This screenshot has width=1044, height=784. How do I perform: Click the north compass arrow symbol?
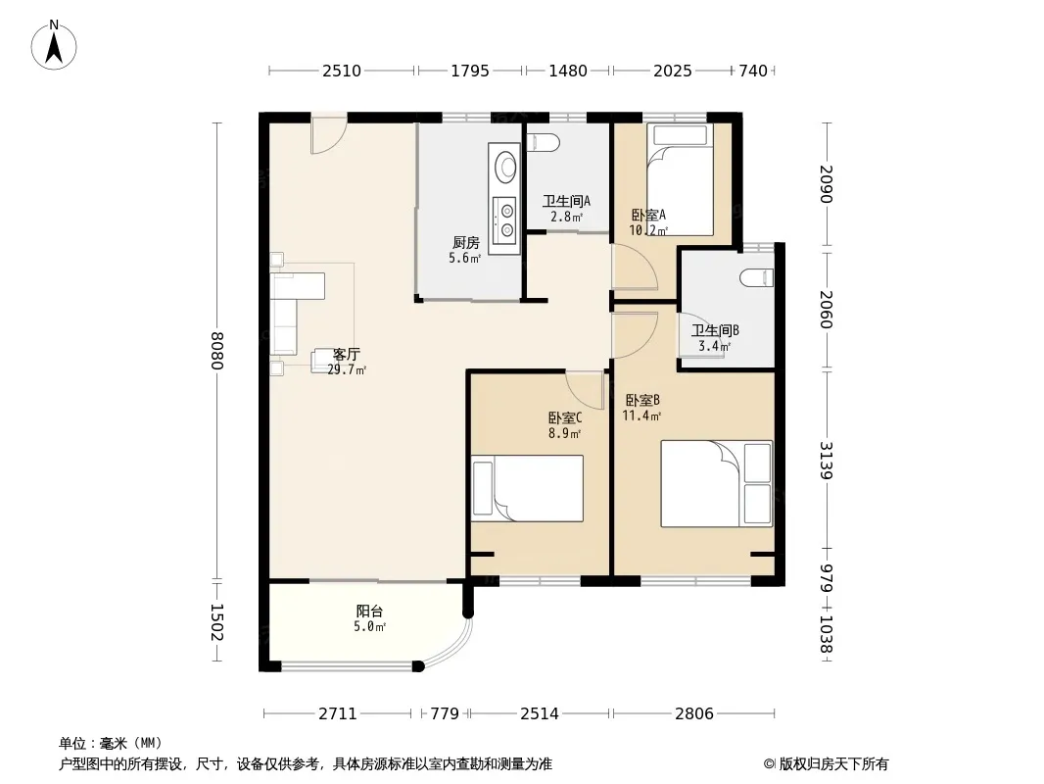54,45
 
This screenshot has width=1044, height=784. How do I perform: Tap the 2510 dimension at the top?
342,71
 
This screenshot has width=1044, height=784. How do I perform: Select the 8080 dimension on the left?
216,351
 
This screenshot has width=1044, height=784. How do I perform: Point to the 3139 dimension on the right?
826,460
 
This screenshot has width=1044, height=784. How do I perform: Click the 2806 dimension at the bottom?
694,713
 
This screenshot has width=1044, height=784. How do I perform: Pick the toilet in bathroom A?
543,142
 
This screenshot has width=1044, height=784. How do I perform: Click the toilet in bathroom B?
757,277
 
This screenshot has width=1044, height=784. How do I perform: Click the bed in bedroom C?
527,488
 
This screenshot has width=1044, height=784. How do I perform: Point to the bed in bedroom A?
680,179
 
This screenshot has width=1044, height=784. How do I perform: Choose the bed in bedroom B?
717,483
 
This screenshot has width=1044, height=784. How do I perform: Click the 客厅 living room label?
347,355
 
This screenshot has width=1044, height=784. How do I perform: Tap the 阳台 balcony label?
369,611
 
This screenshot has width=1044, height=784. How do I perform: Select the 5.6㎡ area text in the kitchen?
465,258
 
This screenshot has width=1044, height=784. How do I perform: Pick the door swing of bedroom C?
585,390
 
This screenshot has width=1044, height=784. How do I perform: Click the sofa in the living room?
298,313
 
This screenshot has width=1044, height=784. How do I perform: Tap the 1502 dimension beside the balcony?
216,622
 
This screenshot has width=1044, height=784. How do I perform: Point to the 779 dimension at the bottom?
445,713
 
